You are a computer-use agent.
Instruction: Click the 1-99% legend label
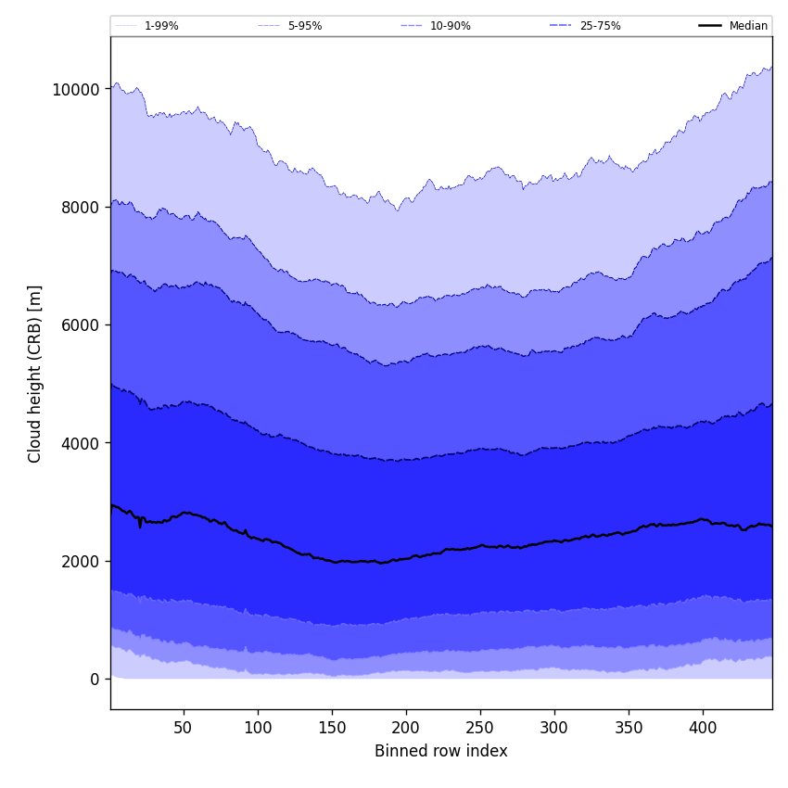pyautogui.click(x=161, y=26)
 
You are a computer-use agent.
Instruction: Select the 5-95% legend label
pyautogui.click(x=305, y=26)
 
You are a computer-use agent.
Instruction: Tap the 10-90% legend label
pyautogui.click(x=450, y=26)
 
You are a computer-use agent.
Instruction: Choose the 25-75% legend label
pyautogui.click(x=600, y=26)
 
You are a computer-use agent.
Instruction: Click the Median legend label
pyautogui.click(x=748, y=26)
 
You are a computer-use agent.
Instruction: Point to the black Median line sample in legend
pyautogui.click(x=710, y=26)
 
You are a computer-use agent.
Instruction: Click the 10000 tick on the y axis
pyautogui.click(x=75, y=90)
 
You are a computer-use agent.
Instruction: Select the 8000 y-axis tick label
pyautogui.click(x=79, y=208)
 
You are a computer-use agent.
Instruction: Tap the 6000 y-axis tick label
pyautogui.click(x=79, y=325)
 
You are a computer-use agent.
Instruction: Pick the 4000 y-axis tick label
pyautogui.click(x=79, y=443)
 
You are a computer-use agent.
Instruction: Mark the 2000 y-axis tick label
pyautogui.click(x=79, y=561)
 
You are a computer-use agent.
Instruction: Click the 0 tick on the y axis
pyautogui.click(x=95, y=680)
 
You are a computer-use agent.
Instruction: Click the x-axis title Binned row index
pyautogui.click(x=440, y=752)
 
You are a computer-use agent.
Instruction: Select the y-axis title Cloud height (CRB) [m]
pyautogui.click(x=35, y=374)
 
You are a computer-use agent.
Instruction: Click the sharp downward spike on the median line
pyautogui.click(x=140, y=526)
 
